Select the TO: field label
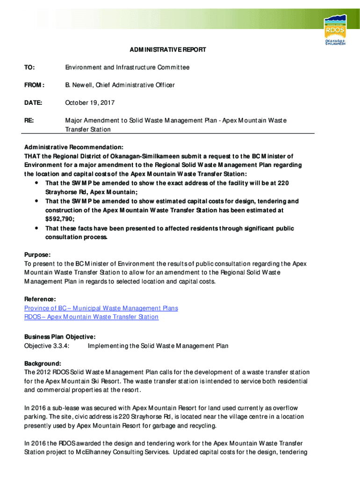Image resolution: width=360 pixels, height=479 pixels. [29, 67]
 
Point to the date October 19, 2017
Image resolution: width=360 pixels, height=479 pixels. [90, 102]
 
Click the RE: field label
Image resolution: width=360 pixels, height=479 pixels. [29, 120]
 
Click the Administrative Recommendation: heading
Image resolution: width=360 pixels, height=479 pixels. [74, 146]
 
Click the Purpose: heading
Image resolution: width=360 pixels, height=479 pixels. [37, 254]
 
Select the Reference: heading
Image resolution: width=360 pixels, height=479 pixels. [40, 299]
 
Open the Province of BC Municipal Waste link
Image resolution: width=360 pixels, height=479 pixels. [101, 308]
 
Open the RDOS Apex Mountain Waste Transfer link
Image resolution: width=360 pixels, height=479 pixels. [91, 317]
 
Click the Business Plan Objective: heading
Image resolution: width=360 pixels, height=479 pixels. [60, 337]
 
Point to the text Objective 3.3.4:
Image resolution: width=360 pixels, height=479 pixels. [47, 346]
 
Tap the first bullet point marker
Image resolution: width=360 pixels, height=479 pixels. [36, 182]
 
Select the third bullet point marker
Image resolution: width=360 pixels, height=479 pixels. [36, 228]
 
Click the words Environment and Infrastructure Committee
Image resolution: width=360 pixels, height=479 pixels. [127, 67]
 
